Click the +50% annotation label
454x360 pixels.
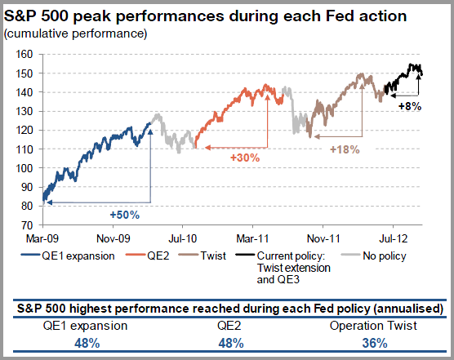click(125, 215)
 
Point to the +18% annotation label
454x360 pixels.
click(344, 149)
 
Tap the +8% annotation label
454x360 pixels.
click(409, 106)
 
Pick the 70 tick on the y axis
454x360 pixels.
click(24, 224)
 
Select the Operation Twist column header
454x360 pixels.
click(372, 327)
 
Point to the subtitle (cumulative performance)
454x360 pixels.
click(77, 33)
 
